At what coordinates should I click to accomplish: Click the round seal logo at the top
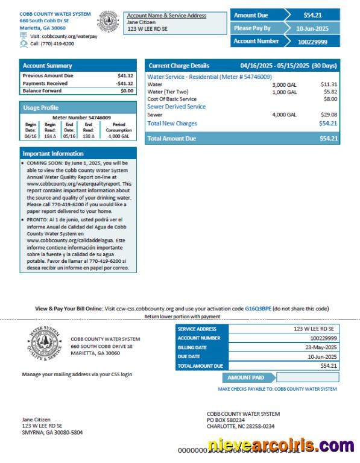[x=109, y=21]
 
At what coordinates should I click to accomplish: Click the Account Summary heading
[x=47, y=66]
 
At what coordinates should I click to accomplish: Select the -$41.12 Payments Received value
[x=125, y=83]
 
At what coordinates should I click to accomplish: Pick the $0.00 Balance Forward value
[x=127, y=91]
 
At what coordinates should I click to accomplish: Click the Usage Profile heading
[x=41, y=107]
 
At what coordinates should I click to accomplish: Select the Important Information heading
[x=53, y=154]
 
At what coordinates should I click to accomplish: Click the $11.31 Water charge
[x=329, y=85]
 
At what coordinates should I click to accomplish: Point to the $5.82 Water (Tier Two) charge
[x=330, y=92]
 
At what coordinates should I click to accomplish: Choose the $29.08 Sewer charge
[x=329, y=115]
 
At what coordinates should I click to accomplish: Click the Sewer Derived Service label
[x=177, y=107]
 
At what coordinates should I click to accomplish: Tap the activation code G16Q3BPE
[x=257, y=308]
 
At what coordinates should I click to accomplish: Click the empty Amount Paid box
[x=307, y=378]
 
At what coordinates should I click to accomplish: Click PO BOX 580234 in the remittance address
[x=226, y=420]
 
